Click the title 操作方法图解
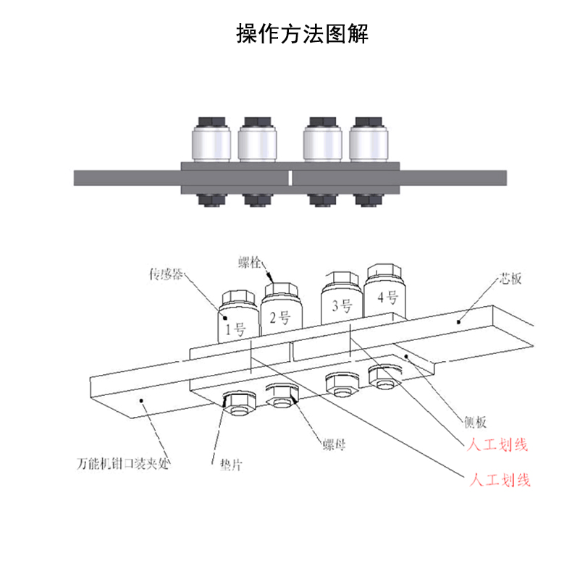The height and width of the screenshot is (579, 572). pos(303,34)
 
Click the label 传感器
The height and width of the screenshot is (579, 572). pos(166,274)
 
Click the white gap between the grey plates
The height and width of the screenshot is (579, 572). pos(290,177)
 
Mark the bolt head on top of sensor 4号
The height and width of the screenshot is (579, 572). pos(383,273)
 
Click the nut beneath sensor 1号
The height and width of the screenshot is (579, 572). pos(237,402)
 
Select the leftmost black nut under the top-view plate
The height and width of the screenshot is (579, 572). pos(211,200)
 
